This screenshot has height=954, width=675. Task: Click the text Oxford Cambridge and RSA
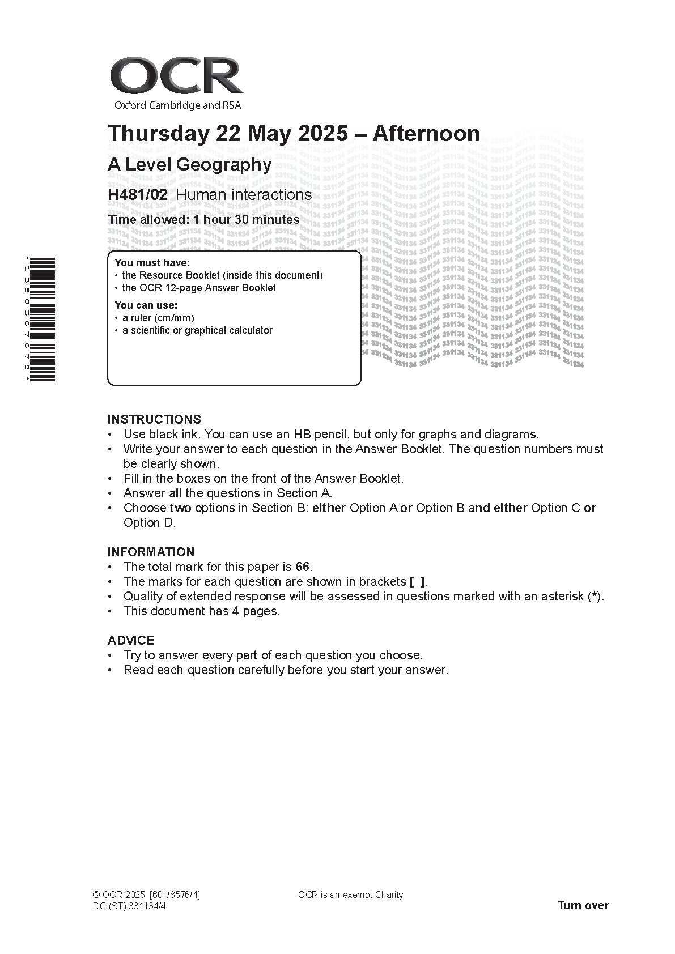177,105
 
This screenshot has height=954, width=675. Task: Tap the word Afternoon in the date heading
426,134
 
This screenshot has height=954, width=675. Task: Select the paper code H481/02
138,195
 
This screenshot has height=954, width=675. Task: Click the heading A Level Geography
189,165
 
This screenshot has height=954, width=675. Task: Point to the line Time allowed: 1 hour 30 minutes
203,220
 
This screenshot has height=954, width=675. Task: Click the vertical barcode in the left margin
42,318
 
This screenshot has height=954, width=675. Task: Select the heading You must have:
152,263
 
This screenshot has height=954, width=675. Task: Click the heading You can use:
146,305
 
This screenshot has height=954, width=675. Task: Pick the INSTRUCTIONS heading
154,420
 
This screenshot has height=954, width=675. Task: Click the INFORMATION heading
151,552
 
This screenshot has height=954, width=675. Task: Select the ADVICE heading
131,641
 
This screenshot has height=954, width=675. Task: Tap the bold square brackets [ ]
417,582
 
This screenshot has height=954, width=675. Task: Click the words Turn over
583,905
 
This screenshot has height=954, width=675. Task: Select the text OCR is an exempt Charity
350,895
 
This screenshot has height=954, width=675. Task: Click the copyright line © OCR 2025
120,895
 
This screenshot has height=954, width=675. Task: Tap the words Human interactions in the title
244,195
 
